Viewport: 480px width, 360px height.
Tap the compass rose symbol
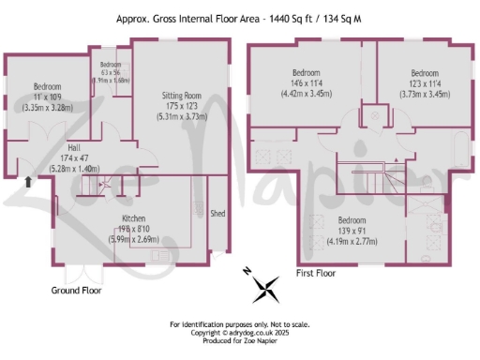[266, 288]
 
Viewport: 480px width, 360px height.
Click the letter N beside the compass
[247, 271]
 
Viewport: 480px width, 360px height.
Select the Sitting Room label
[180, 96]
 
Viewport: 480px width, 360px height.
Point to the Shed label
[218, 212]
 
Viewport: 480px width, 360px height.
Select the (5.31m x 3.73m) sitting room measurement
[180, 118]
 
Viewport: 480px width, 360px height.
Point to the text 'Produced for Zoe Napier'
[240, 339]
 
